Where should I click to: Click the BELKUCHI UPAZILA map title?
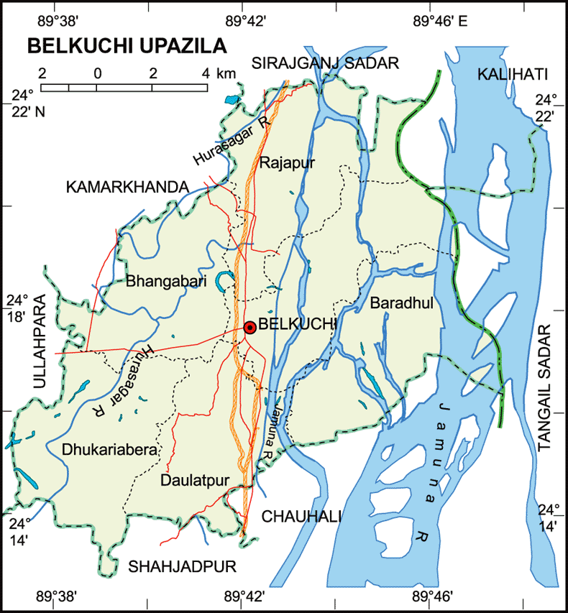(127, 46)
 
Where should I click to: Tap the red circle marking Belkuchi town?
(249, 327)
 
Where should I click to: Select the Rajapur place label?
(288, 161)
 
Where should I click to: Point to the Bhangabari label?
(166, 282)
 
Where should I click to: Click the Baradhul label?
(402, 304)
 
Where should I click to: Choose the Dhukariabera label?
(109, 451)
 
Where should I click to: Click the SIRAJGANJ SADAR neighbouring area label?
(325, 63)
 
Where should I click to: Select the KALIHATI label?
(512, 74)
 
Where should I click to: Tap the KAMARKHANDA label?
(127, 187)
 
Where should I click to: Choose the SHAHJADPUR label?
(183, 567)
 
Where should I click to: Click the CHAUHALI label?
(301, 516)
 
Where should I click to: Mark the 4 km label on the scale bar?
(216, 73)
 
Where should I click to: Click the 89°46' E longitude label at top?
(441, 21)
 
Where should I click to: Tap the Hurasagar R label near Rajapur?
(232, 139)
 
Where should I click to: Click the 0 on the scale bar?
(96, 73)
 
